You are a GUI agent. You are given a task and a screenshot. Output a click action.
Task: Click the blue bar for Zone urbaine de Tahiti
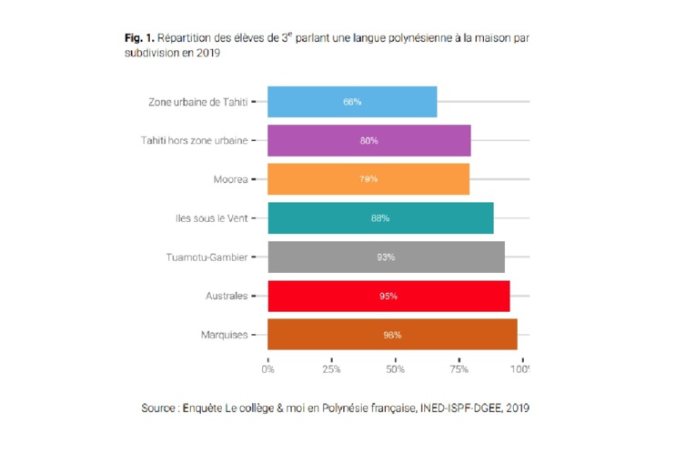[x=352, y=102]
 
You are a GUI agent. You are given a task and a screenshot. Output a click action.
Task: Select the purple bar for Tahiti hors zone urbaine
[x=368, y=141]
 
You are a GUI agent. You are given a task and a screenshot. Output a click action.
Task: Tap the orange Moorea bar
[x=368, y=179]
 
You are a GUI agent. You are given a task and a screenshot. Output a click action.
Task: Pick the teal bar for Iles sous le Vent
[x=380, y=218]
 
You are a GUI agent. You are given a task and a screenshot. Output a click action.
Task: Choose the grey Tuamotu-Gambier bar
[x=386, y=257]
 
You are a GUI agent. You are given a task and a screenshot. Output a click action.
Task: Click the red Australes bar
[x=388, y=296]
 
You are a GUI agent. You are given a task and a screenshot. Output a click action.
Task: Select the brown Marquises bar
[x=392, y=335]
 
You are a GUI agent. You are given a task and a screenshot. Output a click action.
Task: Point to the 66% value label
[x=352, y=102]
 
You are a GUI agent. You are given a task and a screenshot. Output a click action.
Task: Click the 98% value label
[x=392, y=335]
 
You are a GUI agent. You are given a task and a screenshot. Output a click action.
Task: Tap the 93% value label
[x=386, y=257]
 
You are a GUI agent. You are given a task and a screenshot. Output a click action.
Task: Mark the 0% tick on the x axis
[x=267, y=369]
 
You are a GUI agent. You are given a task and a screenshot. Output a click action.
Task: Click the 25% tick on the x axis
[x=331, y=369]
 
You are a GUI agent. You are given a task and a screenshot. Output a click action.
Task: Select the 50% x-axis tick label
[x=395, y=369]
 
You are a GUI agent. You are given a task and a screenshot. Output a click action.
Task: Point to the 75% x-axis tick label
[x=459, y=369]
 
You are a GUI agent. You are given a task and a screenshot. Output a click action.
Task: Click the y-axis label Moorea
[x=231, y=179]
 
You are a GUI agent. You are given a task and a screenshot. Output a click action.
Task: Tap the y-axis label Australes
[x=227, y=296]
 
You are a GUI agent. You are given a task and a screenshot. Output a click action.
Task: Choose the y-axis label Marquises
[x=225, y=335]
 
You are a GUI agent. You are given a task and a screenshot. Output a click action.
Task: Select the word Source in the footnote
[x=158, y=409]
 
